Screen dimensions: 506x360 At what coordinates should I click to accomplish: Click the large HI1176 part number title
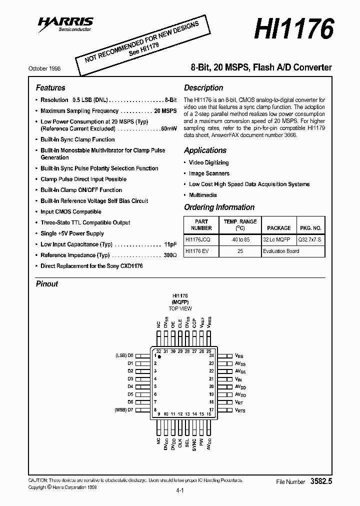point(293,29)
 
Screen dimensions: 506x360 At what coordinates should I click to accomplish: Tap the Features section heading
point(50,87)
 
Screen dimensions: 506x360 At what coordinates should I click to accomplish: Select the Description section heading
point(203,87)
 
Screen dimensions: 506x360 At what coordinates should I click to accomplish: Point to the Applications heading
point(205,150)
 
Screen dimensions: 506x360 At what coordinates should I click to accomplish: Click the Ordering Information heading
point(219,207)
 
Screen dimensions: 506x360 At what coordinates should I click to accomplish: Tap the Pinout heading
point(47,283)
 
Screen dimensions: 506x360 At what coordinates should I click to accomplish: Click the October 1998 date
point(45,68)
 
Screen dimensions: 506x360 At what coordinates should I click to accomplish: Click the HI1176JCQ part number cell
point(198,239)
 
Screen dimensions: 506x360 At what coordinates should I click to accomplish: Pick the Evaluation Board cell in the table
point(280,251)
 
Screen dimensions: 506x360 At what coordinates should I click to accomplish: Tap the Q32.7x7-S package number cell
point(310,239)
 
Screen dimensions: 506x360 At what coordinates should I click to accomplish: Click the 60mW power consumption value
point(169,128)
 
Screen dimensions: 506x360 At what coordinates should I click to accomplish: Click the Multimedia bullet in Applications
point(202,195)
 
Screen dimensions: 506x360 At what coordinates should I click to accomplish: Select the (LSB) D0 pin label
point(125,355)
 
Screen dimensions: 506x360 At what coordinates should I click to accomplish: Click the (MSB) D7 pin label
point(124,410)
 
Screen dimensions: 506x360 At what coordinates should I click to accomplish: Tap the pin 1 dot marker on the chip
point(159,357)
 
